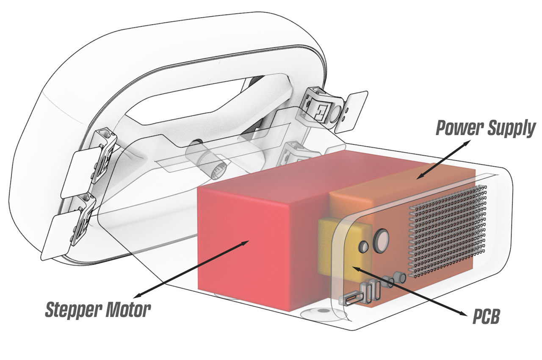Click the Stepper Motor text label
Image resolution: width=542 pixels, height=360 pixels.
click(x=98, y=310)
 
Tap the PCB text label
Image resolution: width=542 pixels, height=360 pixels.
click(x=486, y=317)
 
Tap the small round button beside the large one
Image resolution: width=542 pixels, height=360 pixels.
click(x=363, y=246)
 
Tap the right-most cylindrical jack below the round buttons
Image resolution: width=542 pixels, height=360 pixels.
click(x=398, y=278)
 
